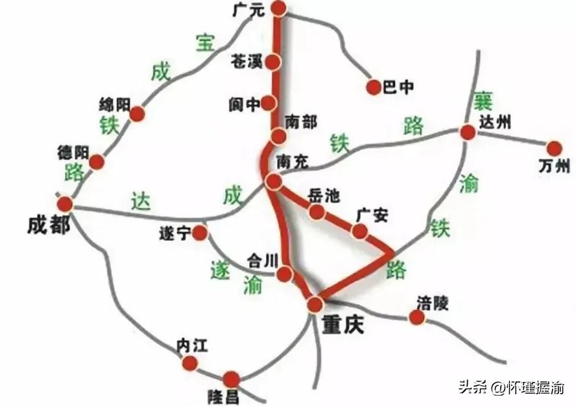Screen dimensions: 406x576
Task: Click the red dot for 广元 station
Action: (279, 8)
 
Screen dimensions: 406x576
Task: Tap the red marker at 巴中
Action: (374, 87)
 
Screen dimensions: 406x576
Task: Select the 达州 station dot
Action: (468, 133)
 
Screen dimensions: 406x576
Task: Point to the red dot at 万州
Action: (554, 149)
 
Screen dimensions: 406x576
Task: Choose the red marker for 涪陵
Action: (416, 318)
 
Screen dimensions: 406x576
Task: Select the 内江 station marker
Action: (190, 365)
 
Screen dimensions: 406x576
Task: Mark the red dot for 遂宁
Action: (200, 233)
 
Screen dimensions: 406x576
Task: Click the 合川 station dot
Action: (284, 275)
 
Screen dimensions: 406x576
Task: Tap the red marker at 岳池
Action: (317, 212)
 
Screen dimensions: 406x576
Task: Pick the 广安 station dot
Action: (359, 231)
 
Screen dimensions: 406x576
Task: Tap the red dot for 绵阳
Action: (137, 114)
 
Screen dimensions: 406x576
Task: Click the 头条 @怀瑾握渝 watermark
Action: (512, 388)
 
